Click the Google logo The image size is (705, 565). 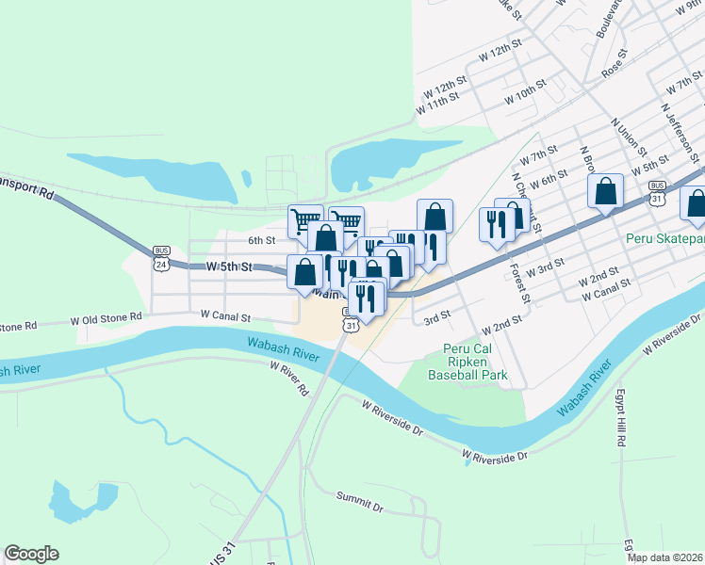tap(31, 554)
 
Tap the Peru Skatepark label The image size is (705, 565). tap(664, 239)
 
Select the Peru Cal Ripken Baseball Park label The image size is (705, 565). tap(468, 362)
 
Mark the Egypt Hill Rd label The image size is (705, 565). tap(620, 418)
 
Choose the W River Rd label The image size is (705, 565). tap(289, 377)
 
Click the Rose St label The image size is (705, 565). tap(614, 69)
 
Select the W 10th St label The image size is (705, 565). tap(525, 97)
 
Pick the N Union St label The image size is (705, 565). tap(629, 137)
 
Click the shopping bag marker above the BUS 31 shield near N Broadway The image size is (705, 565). tap(605, 190)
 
